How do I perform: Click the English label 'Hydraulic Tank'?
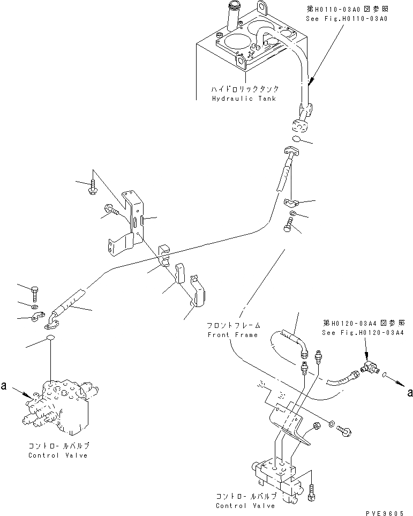[x=237, y=99]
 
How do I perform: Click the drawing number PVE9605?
[x=385, y=512]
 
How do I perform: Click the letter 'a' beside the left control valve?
[x=4, y=385]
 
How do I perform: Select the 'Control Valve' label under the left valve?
[x=58, y=455]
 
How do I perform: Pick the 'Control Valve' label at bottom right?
[x=245, y=505]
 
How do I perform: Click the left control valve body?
[x=62, y=407]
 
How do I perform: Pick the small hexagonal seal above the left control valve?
[x=51, y=338]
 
